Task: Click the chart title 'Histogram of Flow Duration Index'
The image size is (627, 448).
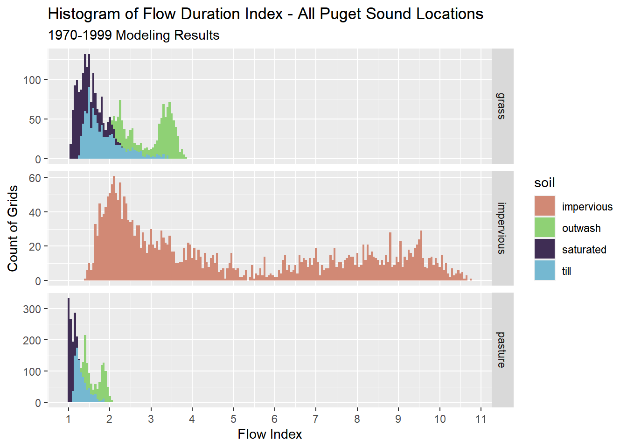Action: [265, 14]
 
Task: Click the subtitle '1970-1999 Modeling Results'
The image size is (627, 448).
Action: [133, 35]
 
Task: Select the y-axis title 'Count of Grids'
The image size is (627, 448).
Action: [13, 228]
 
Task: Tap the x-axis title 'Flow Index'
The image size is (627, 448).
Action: [270, 434]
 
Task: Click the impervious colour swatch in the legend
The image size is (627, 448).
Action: [544, 206]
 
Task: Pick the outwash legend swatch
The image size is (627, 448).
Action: [544, 228]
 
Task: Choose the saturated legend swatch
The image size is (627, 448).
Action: [544, 249]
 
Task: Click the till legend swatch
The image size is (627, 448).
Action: [544, 271]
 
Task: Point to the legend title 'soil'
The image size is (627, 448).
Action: [544, 183]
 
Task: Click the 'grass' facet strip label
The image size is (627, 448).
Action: [502, 106]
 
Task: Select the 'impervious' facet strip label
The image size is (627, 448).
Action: [502, 228]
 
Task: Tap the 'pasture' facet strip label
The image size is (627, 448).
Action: [502, 350]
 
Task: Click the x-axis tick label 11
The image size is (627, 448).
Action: [481, 419]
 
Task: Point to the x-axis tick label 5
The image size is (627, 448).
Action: [233, 419]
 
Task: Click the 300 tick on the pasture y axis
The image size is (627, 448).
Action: [32, 309]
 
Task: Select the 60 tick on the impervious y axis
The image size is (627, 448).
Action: [35, 178]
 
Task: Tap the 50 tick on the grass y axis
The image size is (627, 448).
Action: [35, 119]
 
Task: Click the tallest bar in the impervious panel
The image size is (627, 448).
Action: [114, 229]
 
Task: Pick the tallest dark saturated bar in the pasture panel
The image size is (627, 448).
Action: [69, 350]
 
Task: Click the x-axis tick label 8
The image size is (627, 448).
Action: [357, 419]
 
